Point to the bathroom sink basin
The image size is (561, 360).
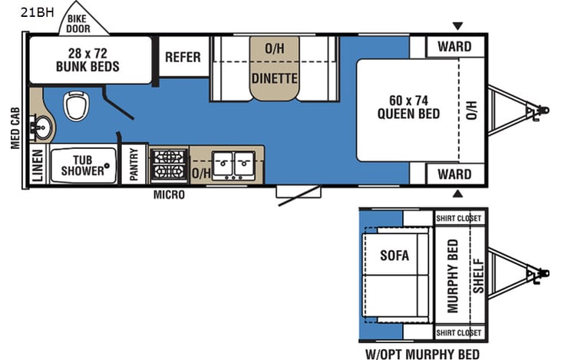coord(38,127)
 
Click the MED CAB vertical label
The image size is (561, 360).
coord(15,127)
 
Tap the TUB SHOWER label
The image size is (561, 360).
coord(83,164)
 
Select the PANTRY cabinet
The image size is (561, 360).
coord(134,164)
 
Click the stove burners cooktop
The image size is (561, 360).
coord(169,163)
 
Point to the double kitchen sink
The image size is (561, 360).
coord(233,163)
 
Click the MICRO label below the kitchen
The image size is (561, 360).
coord(169,195)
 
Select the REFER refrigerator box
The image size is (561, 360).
coord(183,57)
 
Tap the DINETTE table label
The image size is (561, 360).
coord(275,78)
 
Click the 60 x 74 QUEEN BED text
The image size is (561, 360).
coord(408,106)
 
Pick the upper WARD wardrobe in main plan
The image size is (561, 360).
coord(454,47)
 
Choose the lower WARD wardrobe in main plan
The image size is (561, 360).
coord(454,174)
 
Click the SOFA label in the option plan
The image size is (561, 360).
coord(394,255)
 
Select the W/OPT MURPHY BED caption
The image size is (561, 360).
coord(423,354)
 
